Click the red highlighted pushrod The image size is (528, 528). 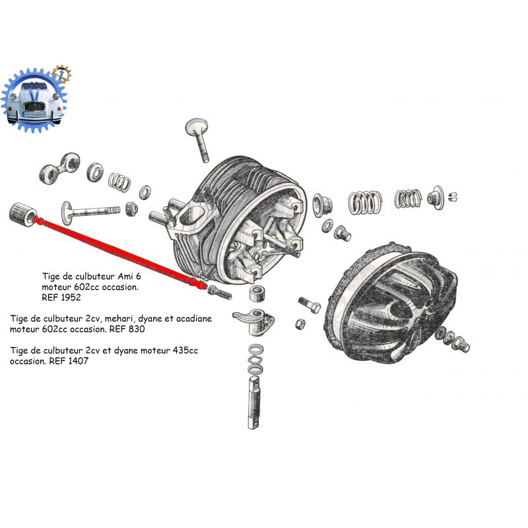(x=121, y=253)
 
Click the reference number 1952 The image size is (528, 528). (x=71, y=298)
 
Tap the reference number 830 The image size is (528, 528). (x=137, y=329)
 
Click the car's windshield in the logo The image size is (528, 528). (x=34, y=86)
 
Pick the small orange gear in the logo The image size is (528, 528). (x=61, y=75)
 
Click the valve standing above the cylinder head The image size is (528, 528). (x=199, y=139)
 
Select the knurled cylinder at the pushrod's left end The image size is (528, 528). (x=23, y=214)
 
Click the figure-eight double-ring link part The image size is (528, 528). (x=59, y=168)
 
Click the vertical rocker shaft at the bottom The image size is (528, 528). (x=255, y=403)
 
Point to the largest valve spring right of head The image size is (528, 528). (x=365, y=202)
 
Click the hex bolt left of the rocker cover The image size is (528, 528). (x=310, y=305)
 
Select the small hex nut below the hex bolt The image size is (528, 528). (x=300, y=324)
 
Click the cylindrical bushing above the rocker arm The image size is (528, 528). (x=258, y=293)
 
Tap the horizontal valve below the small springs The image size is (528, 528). (x=90, y=211)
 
